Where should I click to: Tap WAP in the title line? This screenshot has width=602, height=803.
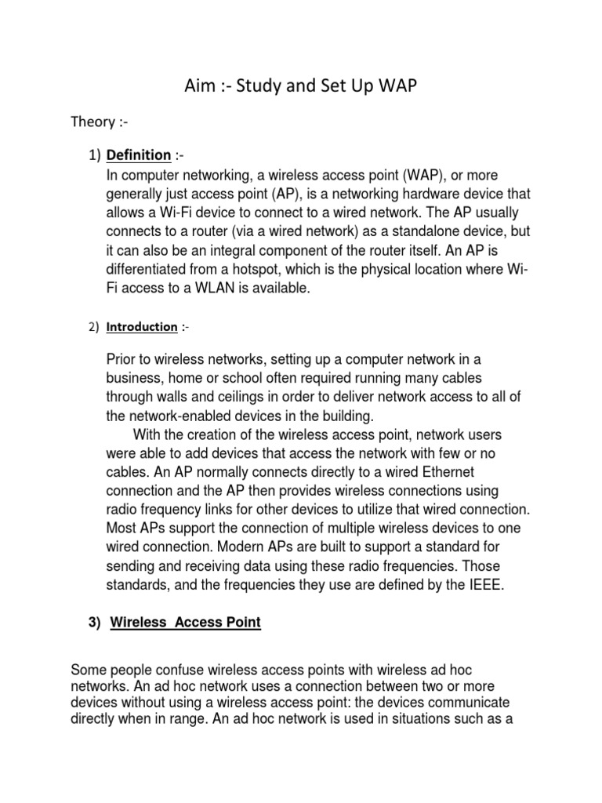point(379,86)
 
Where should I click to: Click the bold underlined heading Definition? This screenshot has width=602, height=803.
point(139,154)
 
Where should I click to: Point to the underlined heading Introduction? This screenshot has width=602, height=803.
point(142,327)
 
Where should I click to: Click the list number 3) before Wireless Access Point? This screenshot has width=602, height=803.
point(96,623)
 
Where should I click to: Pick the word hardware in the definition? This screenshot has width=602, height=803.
point(397,194)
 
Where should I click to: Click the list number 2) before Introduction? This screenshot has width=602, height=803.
point(93,327)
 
